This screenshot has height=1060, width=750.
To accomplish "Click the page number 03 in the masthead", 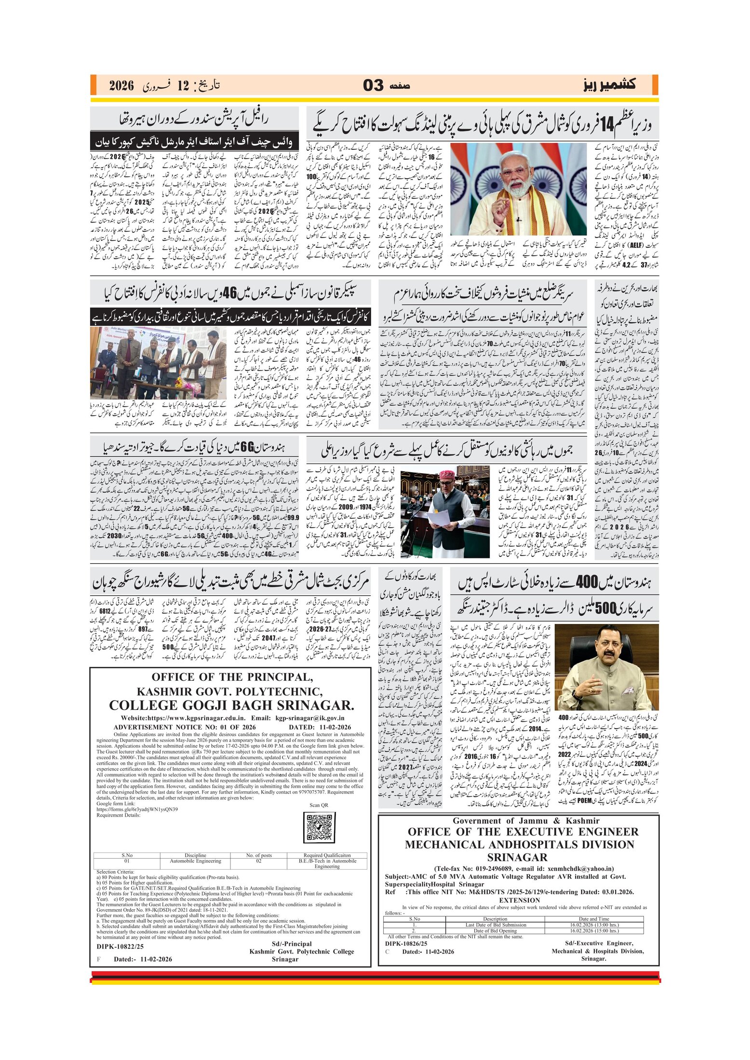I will point(373,85).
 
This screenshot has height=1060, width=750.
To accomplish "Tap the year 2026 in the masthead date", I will point(121,86).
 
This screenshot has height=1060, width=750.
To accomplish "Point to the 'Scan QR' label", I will point(319,805).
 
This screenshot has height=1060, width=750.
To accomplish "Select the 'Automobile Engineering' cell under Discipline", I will point(195,861).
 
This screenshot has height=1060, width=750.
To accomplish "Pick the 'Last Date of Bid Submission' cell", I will point(496,925).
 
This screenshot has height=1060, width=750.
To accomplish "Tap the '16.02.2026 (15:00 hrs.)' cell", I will point(594,930).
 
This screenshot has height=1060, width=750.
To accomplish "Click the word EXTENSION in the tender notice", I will point(519,900).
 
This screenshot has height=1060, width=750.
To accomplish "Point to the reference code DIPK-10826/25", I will point(406,943).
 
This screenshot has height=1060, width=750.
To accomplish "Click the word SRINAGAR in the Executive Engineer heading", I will point(517,857).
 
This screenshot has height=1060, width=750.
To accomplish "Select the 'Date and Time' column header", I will point(594,919).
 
